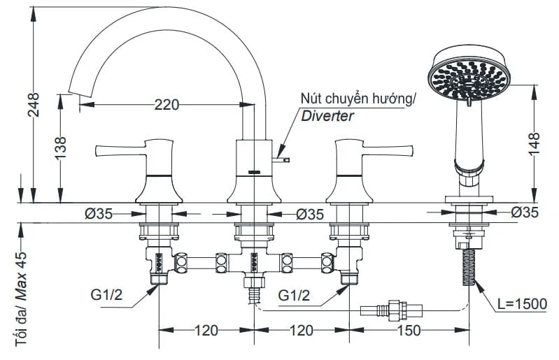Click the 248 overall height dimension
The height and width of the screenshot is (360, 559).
pos(34,105)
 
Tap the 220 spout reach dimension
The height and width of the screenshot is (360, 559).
pos(167,105)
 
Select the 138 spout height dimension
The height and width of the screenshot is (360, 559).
pos(61,148)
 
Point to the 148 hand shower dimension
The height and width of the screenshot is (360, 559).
pos(534,144)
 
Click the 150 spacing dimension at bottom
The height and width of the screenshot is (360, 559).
pos(409,331)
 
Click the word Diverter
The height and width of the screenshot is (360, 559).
pos(327,116)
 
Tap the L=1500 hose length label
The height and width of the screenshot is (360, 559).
pos(523,304)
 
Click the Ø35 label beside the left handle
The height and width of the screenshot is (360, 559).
pos(99,214)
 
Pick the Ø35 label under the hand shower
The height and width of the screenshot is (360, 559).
pos(525,213)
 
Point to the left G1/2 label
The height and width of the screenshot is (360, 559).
pos(106,295)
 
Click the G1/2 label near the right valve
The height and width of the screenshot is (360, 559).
pos(294,295)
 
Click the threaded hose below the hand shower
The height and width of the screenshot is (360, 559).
pos(469,267)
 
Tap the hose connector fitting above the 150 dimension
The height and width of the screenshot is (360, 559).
pos(392,309)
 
